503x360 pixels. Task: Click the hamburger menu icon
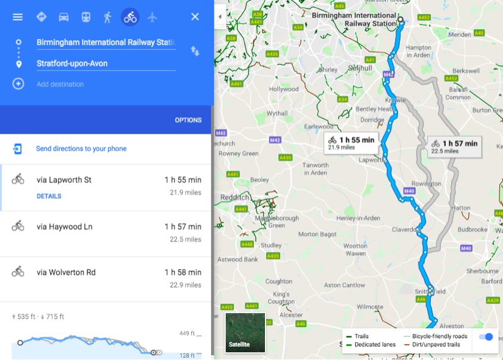click(18, 16)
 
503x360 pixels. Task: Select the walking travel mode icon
click(108, 17)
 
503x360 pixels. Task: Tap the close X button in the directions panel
click(195, 16)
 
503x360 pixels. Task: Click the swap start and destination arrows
click(195, 51)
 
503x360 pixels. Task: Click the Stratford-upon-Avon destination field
click(105, 63)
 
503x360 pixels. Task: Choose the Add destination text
click(60, 84)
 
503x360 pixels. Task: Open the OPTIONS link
click(188, 120)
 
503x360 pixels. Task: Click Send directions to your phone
click(81, 148)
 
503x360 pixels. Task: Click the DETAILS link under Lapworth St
click(49, 196)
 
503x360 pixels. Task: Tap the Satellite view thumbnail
click(245, 333)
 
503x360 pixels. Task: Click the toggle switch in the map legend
click(486, 337)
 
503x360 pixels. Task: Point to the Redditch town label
click(234, 198)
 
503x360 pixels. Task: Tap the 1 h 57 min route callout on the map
click(453, 146)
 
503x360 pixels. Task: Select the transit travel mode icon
click(86, 17)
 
